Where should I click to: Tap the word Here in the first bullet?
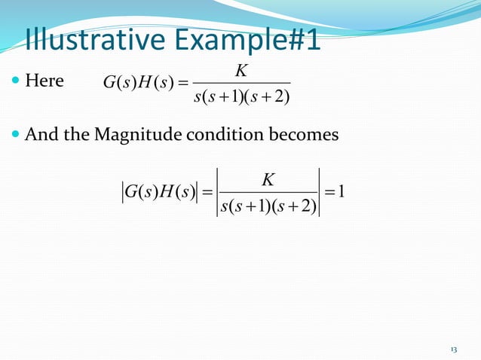[x=44, y=81]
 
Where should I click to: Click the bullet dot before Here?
[x=17, y=81]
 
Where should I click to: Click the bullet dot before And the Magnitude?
[x=17, y=136]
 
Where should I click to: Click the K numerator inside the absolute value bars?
[x=268, y=181]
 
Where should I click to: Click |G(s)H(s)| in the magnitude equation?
[x=159, y=192]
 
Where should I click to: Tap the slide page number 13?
[x=453, y=350]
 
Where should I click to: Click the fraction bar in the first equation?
[x=241, y=83]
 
